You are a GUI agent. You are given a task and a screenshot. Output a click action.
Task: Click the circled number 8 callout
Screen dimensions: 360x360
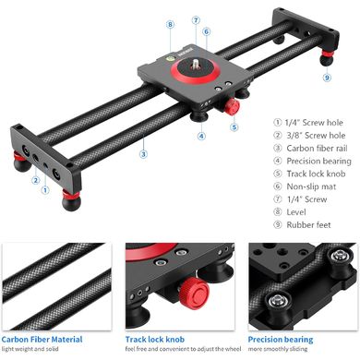tap(170, 25)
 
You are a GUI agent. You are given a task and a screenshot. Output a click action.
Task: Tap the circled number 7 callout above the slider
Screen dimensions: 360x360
tap(196, 20)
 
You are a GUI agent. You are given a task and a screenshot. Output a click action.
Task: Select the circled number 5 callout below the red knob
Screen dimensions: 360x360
tap(234, 126)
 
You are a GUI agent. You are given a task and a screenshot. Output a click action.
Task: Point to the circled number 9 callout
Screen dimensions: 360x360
tap(327, 78)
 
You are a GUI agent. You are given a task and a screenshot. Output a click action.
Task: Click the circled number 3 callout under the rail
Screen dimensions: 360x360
tap(143, 154)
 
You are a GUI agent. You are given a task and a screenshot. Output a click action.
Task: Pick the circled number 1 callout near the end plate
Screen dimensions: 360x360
tap(45, 190)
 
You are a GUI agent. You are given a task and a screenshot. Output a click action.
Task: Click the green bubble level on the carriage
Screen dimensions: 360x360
tap(171, 57)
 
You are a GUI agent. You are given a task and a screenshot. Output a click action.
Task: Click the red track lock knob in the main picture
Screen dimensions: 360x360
tap(232, 107)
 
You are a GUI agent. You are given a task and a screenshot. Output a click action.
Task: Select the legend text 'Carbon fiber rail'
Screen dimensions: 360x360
tap(317, 149)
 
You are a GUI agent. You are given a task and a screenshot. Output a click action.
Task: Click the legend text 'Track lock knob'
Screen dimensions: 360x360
tap(316, 174)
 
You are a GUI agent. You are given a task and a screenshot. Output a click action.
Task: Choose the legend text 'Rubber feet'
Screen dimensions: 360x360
tap(308, 225)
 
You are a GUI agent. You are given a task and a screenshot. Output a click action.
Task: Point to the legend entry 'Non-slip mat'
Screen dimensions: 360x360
tap(311, 186)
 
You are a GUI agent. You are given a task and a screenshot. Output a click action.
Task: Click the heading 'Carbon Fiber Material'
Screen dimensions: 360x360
tap(42, 340)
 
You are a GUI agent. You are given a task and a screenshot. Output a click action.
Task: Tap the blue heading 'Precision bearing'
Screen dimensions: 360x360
tap(281, 340)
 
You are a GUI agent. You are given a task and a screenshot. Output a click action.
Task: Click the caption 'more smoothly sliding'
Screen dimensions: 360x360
tap(278, 349)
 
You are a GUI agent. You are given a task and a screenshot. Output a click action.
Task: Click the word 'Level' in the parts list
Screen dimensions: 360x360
tap(296, 212)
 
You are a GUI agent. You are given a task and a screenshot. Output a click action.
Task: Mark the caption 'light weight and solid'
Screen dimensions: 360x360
tap(30, 349)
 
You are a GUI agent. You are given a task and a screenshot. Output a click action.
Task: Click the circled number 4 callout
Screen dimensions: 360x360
tap(201, 136)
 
